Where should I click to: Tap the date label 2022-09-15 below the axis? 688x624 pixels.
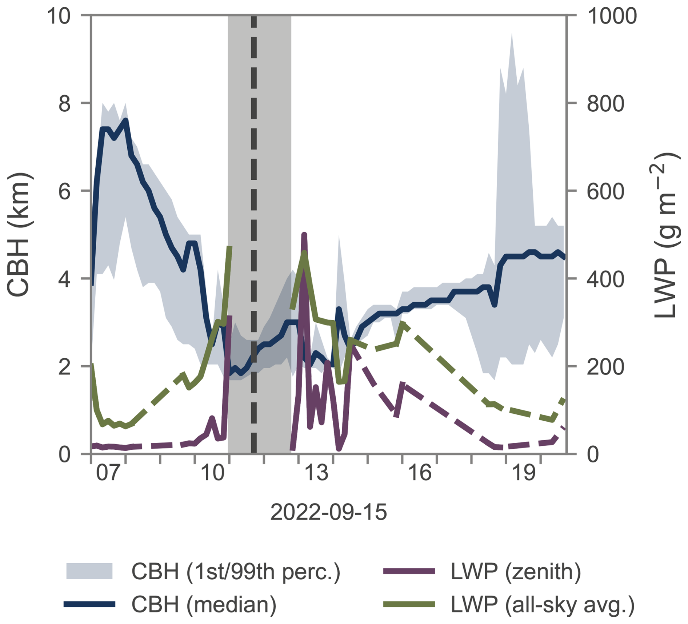(328, 512)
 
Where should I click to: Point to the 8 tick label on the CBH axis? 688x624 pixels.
(64, 104)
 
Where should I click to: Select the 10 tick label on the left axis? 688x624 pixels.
(59, 16)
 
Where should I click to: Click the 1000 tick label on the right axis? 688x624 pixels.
(612, 16)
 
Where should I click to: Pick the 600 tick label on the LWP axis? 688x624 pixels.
(605, 191)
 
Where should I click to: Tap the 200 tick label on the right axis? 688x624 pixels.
(605, 367)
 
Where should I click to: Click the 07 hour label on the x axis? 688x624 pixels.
(108, 473)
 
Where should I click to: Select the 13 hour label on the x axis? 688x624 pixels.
(316, 473)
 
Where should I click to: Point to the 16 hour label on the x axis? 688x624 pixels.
(420, 473)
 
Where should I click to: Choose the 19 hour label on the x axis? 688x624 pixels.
(524, 473)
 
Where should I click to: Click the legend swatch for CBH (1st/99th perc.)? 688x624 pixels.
(89, 571)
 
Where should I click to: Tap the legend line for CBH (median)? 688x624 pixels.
(89, 604)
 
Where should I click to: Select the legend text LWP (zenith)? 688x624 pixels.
(516, 571)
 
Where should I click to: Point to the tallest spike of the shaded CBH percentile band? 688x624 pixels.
(512, 35)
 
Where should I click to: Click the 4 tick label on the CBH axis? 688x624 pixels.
(64, 279)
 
